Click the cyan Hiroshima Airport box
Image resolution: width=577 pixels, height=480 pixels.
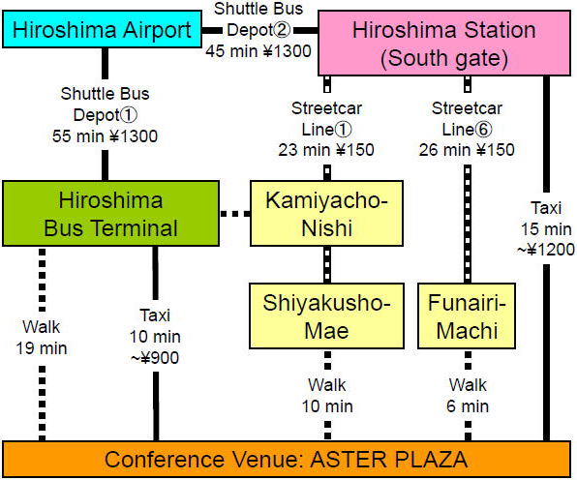coord(102,29)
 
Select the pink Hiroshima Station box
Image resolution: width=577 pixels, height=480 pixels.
coord(444,44)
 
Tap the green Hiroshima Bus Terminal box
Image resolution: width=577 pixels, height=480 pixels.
coord(110,213)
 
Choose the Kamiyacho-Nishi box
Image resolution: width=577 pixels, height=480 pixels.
coord(326,213)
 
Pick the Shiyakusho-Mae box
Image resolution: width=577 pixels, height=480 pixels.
coord(326,315)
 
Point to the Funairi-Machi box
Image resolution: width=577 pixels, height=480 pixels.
coord(467,315)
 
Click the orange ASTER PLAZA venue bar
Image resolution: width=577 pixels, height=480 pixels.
coord(287,460)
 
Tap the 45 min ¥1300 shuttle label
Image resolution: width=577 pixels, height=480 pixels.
coord(258,50)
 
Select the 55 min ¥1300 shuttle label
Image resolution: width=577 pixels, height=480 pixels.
coord(105,136)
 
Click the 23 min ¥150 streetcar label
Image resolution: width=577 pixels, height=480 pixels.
coord(326,150)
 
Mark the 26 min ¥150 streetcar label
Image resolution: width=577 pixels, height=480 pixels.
coord(467,150)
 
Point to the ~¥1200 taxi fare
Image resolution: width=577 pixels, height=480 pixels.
coord(546,250)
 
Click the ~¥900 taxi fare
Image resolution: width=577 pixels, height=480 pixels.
coord(155,357)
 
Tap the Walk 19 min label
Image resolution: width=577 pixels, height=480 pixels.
coord(42,338)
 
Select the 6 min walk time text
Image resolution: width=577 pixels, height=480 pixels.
coord(468,406)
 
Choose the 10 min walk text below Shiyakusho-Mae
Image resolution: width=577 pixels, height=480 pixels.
coord(327,406)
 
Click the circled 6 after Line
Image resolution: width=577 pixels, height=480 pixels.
coord(483,129)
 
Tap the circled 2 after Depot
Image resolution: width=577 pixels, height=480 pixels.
coord(282,30)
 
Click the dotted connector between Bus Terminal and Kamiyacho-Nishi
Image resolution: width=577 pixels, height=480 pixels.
coord(235,213)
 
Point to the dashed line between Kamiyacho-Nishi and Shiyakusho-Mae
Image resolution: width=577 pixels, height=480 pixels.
coord(327,265)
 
